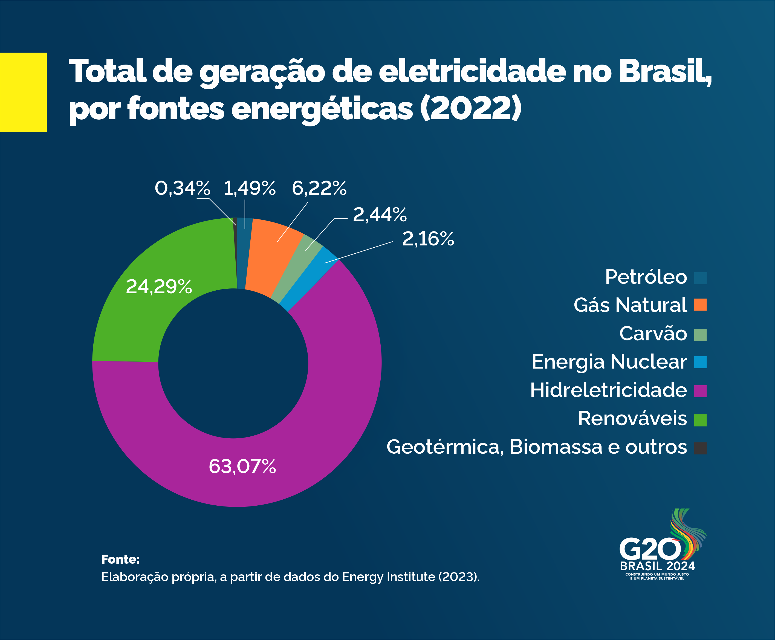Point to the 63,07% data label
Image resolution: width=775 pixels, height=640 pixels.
(242, 466)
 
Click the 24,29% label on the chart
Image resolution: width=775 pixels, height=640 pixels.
(158, 286)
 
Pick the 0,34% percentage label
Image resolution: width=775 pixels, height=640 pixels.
(182, 188)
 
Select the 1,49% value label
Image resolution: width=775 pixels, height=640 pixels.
(250, 188)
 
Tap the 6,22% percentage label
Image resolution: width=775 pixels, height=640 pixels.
(319, 188)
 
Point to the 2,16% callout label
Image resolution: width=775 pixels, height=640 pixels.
(428, 239)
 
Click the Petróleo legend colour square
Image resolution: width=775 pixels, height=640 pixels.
(700, 278)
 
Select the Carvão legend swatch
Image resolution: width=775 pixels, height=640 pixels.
(700, 335)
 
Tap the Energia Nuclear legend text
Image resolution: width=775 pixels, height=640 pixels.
(609, 362)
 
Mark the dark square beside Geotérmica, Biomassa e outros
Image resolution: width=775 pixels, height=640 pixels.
(700, 448)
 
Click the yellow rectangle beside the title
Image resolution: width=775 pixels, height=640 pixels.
(23, 92)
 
